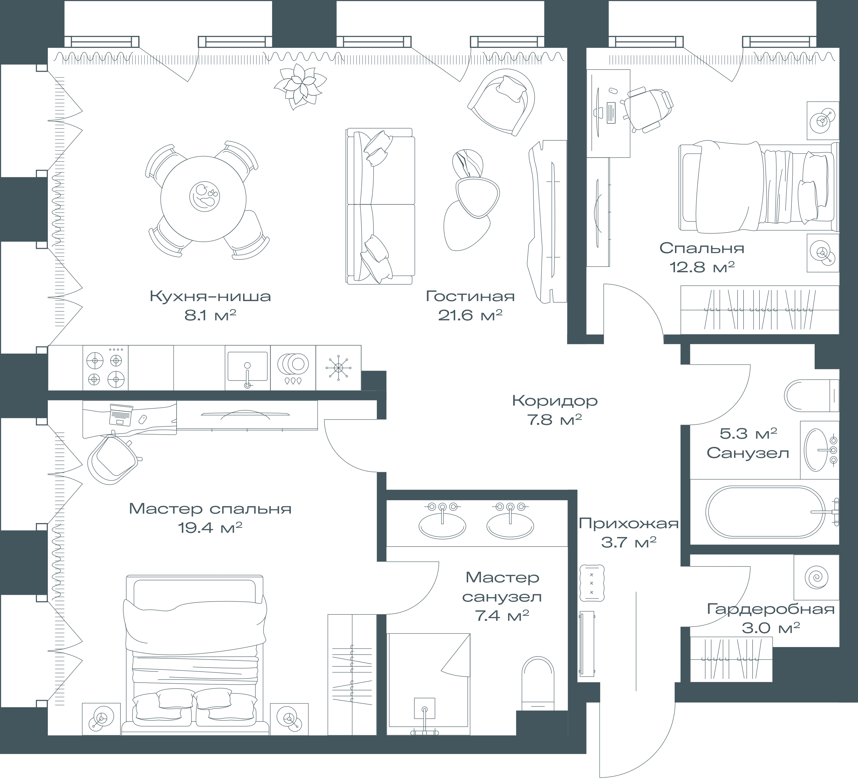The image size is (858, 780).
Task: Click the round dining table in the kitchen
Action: point(203,199)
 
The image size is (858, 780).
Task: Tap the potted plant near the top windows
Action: point(300,86)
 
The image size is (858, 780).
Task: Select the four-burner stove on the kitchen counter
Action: point(106,368)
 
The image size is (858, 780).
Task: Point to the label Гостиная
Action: point(470,296)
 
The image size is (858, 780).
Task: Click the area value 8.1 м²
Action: point(210,315)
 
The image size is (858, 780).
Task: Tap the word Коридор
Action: point(555,400)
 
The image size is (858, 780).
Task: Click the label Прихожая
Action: point(629,523)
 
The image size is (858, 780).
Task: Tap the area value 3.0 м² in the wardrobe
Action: point(771,628)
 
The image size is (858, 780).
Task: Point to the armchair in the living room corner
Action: point(501,102)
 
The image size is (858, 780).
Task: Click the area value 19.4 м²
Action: point(210,528)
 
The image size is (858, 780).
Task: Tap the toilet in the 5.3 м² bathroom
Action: point(811,395)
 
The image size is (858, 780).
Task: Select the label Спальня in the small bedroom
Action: point(702,248)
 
